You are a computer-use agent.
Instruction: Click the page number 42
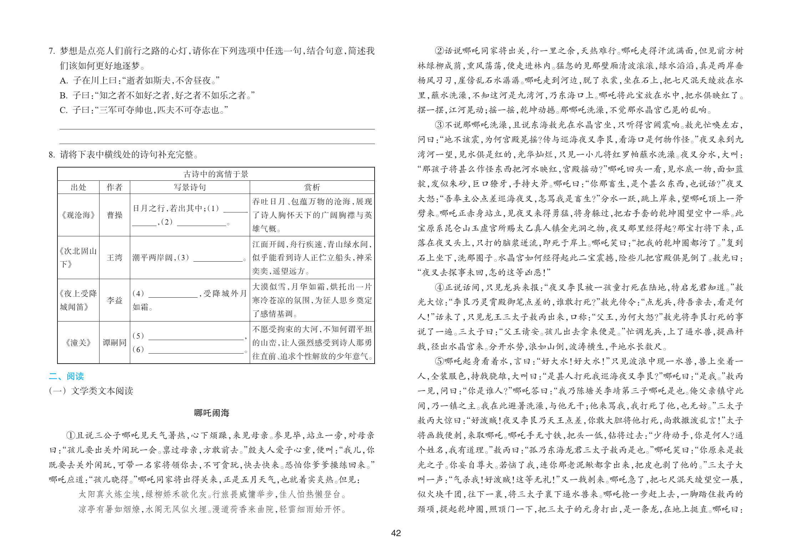point(396,533)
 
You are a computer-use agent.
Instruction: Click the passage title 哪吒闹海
point(212,413)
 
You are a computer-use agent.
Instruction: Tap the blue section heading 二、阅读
point(66,376)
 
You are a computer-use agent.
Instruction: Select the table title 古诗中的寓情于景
point(216,174)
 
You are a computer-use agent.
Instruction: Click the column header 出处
point(78,187)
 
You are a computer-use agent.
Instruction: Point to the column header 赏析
point(312,187)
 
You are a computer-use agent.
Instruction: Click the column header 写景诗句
point(189,187)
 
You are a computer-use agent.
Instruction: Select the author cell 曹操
point(115,215)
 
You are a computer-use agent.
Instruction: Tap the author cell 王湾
point(115,257)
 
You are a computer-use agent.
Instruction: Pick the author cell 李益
point(115,300)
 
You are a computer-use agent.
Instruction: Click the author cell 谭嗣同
point(115,343)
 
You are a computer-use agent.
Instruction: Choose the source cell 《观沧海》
point(78,215)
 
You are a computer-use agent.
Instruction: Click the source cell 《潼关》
point(78,343)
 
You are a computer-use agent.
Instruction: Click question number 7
point(52,51)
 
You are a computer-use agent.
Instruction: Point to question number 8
point(52,155)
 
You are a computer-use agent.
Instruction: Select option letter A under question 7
point(64,81)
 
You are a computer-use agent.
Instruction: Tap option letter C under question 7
point(64,110)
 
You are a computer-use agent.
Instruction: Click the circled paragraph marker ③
point(439,125)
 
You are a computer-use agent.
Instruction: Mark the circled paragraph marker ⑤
point(439,361)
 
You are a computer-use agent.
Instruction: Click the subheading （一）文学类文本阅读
point(91,391)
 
